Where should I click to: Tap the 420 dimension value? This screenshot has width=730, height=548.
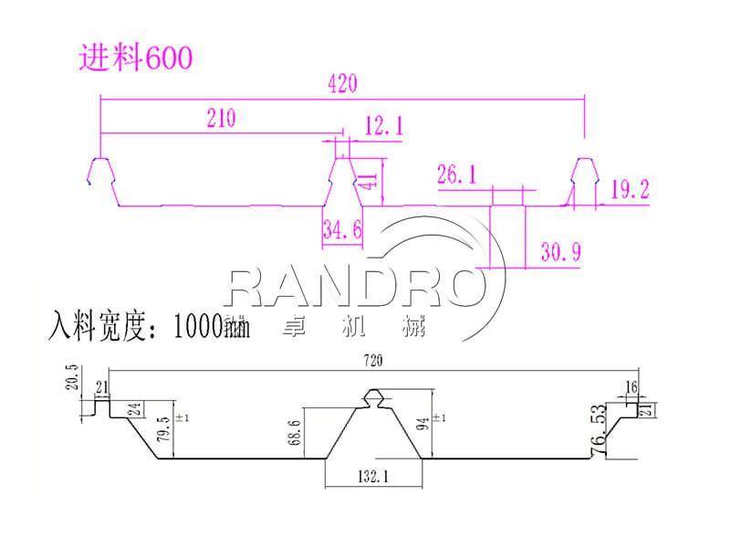click(x=339, y=83)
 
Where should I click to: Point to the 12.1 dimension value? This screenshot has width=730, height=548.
click(x=382, y=127)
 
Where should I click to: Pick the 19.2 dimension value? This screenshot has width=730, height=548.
click(x=631, y=190)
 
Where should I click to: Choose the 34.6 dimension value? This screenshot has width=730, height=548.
click(x=342, y=231)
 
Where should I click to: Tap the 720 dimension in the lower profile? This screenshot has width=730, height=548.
click(x=371, y=362)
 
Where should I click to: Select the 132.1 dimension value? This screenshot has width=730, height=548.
click(x=373, y=476)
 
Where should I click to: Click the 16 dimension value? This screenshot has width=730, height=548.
click(x=631, y=387)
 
